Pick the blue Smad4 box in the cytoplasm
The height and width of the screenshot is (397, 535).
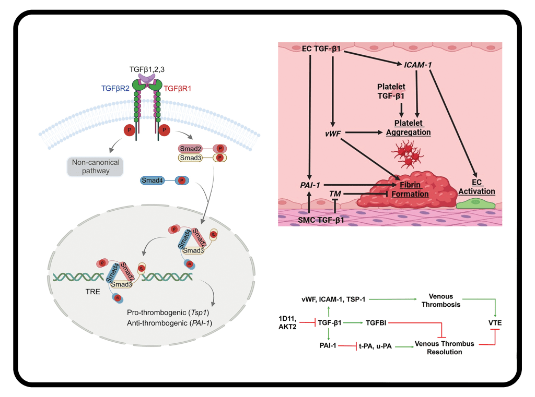point(154,181)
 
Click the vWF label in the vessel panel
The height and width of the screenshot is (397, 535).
point(332,134)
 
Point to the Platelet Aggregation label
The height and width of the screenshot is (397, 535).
point(408,128)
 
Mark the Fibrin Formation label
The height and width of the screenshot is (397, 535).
point(414,189)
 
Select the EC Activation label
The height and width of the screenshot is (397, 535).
point(476,187)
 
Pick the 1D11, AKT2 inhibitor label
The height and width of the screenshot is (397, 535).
point(289,322)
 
